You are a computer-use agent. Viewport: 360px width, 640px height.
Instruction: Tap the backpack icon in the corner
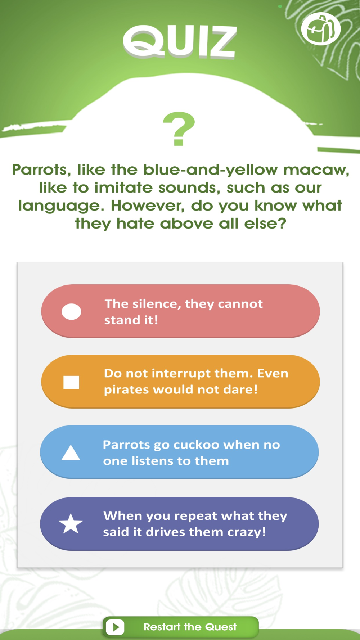(321, 29)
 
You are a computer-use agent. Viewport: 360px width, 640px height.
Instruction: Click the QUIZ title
(180, 41)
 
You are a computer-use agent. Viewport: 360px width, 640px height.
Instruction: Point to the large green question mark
(179, 129)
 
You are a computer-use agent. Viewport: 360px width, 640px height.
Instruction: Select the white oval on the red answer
(71, 311)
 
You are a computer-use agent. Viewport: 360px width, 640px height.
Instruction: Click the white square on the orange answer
(71, 382)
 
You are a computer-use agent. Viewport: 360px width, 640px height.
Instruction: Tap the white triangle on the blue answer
(71, 452)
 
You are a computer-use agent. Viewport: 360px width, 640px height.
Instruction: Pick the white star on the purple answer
(71, 523)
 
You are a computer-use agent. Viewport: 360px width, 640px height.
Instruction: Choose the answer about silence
(180, 311)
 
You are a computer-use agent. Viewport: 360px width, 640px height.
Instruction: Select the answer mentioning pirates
(180, 382)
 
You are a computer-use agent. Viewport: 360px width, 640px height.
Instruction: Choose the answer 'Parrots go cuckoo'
(179, 452)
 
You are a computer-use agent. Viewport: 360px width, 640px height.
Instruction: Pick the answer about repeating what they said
(179, 524)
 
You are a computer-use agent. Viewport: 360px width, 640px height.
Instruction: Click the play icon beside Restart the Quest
(115, 627)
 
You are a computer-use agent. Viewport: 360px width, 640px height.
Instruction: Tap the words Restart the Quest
(190, 627)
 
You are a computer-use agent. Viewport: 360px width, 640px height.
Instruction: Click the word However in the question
(148, 206)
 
